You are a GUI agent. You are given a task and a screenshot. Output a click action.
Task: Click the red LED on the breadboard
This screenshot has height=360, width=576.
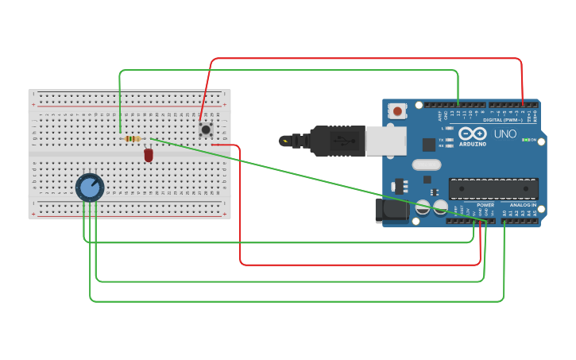click(x=149, y=155)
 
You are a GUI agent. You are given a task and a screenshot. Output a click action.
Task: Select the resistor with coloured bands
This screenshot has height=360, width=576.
click(x=133, y=139)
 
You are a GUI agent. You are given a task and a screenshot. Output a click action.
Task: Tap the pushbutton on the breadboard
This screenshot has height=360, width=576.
click(x=206, y=129)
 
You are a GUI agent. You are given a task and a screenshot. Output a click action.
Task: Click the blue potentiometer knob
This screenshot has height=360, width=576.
click(x=90, y=188)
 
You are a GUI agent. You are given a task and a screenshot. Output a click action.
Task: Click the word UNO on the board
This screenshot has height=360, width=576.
click(x=505, y=134)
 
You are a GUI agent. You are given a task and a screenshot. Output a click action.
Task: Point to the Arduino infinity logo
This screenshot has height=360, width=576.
click(x=472, y=134)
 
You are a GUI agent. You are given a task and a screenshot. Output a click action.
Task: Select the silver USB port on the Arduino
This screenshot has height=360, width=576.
click(x=385, y=141)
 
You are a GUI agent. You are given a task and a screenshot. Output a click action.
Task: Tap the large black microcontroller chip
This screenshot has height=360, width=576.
click(x=493, y=188)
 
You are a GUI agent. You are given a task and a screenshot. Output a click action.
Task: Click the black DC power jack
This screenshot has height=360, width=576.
click(x=391, y=210)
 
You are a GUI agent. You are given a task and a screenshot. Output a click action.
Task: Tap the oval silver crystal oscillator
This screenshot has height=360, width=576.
click(x=426, y=165)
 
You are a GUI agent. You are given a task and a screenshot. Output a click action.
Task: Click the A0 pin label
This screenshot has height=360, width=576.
click(x=504, y=212)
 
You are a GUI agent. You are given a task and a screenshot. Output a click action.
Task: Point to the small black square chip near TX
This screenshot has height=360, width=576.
click(x=429, y=145)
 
